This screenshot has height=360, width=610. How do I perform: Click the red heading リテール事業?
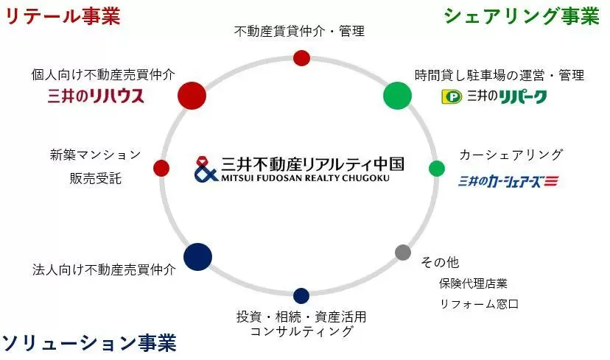63,15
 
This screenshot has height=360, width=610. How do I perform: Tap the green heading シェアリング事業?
522,16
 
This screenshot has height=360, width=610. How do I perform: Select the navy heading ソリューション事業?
89,343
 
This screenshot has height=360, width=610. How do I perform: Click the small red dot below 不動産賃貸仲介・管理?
301,58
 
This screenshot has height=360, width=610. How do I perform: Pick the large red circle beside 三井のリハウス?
192,95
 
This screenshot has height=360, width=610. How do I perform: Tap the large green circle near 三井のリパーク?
397,96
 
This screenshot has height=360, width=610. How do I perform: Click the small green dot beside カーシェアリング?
437,169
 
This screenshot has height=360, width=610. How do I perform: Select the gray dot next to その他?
403,253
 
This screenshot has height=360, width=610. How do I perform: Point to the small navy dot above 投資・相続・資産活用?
301,296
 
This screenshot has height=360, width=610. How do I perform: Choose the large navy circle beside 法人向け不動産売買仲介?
197,257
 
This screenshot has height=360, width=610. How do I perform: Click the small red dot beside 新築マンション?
161,168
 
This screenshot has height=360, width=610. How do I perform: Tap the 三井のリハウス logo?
96,96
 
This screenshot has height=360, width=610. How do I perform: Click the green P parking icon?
452,96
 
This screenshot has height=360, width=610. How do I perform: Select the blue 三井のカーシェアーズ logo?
508,181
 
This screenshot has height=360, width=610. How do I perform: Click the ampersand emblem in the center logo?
206,169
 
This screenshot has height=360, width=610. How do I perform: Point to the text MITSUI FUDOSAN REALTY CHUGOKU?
306,178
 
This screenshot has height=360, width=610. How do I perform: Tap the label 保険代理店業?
473,283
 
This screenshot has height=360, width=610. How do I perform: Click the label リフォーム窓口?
480,303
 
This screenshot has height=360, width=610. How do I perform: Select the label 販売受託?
96,178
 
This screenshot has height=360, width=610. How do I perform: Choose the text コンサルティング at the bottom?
301,331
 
